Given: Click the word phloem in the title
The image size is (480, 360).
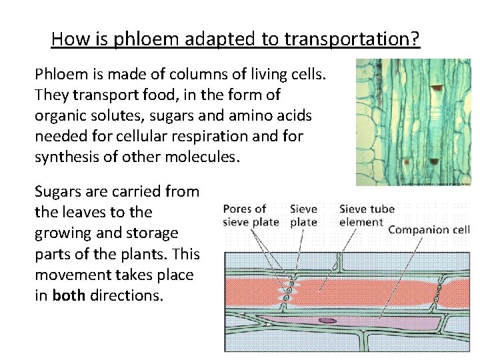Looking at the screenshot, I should pyautogui.click(x=141, y=39).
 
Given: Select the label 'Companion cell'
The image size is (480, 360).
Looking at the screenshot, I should pyautogui.click(x=429, y=230).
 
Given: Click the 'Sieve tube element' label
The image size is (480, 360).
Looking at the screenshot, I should pyautogui.click(x=367, y=215).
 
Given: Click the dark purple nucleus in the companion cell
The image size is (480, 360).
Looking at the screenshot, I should pyautogui.click(x=327, y=320).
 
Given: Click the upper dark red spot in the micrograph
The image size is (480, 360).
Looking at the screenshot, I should pyautogui.click(x=437, y=87).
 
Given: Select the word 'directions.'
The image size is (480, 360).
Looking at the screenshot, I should pyautogui.click(x=126, y=295).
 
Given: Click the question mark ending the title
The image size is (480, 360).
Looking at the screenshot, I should pyautogui.click(x=415, y=39).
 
